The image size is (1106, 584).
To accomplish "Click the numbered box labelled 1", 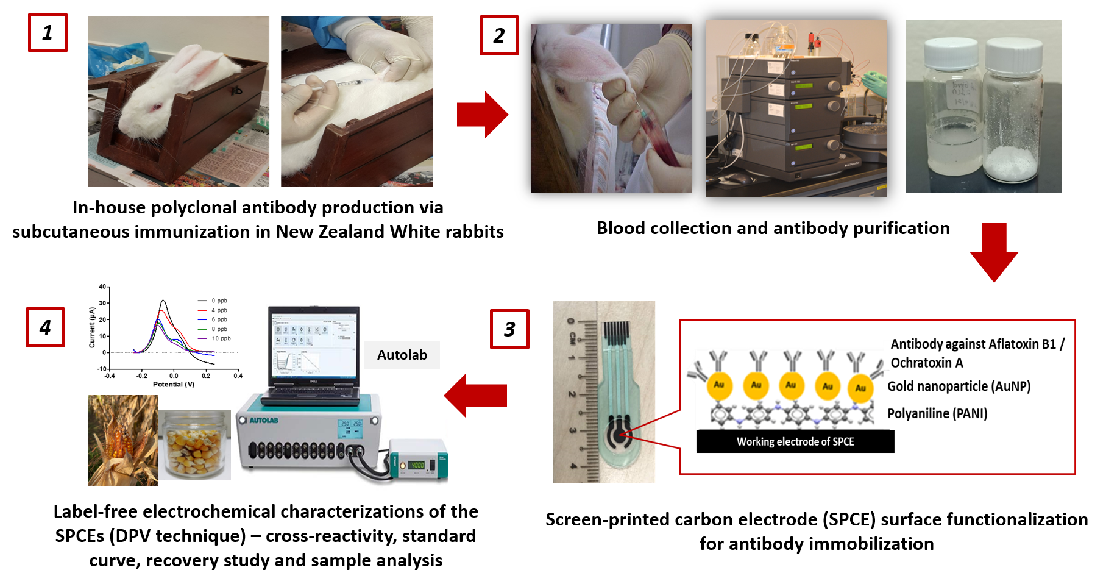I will pos(48,33).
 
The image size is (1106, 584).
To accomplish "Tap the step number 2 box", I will pos(499,36).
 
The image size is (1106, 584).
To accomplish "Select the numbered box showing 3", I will pos(509,329).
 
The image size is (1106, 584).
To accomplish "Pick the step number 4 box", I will pos(45,327).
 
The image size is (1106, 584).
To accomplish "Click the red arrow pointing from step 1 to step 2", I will pos(482,115).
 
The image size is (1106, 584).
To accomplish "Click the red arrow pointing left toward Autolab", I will pos(476,396).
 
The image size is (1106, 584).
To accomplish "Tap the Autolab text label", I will pos(402,355).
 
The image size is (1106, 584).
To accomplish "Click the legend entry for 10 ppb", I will pos(221,338).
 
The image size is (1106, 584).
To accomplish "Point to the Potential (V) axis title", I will pos(174,384).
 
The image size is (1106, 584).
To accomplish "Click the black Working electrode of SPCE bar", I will pos(795,441).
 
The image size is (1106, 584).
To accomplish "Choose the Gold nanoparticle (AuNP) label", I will pos(959,386).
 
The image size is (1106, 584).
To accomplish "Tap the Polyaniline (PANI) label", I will pos(937,414).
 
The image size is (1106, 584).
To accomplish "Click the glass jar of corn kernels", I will pos(194,445).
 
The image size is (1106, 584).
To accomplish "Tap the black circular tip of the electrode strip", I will pos(619,435).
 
